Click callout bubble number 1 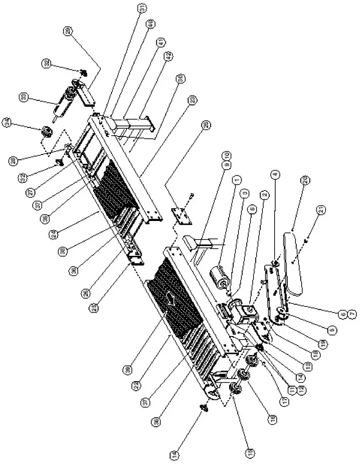click(236, 180)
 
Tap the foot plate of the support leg click(152, 125)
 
